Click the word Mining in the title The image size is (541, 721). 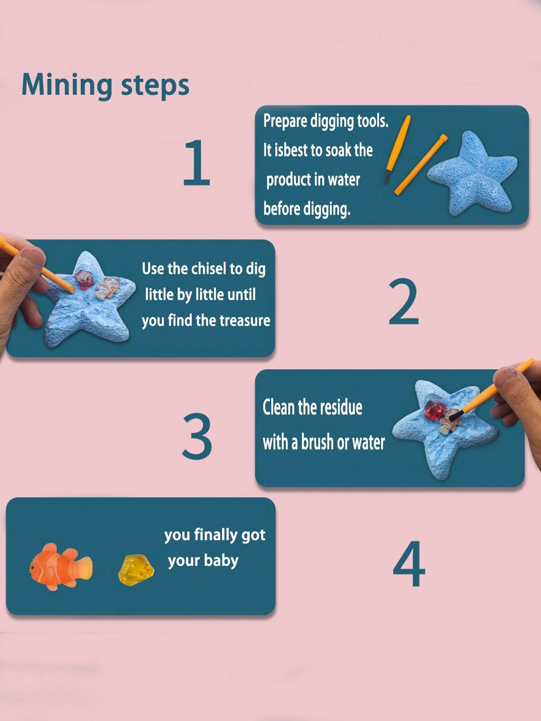point(67,85)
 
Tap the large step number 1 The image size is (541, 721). point(197,162)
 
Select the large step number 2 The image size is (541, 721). point(404,302)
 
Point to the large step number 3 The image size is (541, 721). point(197,437)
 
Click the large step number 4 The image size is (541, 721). point(409,564)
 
